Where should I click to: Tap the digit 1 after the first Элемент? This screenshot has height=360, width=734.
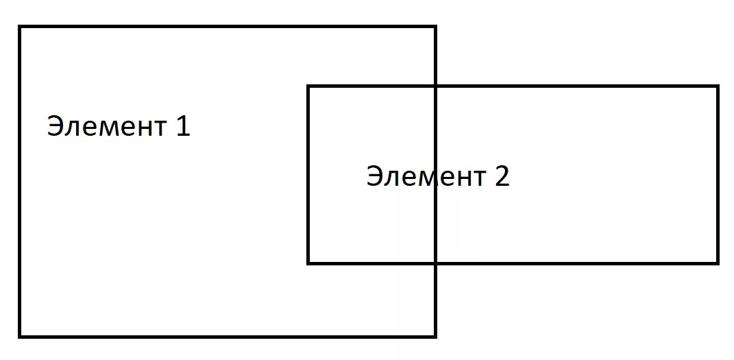click(x=182, y=126)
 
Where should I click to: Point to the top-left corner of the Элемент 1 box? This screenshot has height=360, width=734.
click(x=21, y=27)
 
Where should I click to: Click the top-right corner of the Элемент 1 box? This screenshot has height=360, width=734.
click(x=435, y=27)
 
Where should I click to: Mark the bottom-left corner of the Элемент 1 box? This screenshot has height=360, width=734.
click(x=21, y=335)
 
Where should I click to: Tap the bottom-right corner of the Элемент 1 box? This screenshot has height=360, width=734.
click(x=435, y=335)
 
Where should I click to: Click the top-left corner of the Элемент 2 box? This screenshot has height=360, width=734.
click(x=308, y=87)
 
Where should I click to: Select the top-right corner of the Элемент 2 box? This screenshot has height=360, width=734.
click(x=717, y=87)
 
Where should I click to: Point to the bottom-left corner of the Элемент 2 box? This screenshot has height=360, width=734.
click(x=308, y=262)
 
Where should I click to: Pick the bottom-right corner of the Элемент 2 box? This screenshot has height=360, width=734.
click(x=717, y=262)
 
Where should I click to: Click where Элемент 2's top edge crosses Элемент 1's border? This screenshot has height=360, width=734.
click(x=435, y=87)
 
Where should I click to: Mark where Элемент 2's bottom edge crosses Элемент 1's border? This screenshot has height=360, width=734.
click(x=435, y=262)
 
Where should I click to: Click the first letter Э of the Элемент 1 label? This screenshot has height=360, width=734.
click(x=55, y=127)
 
